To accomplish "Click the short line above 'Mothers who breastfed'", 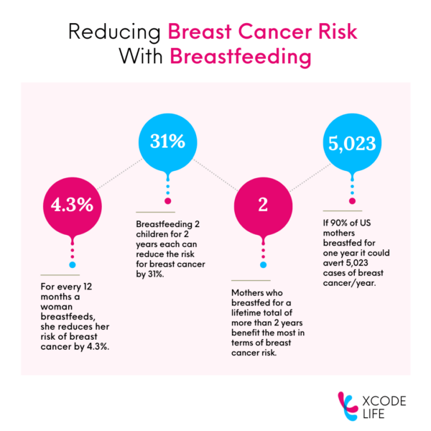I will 251,280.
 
